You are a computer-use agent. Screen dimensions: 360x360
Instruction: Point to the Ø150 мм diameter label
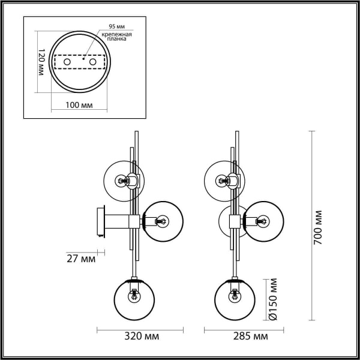click(x=271, y=298)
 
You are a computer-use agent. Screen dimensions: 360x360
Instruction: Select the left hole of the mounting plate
click(x=67, y=62)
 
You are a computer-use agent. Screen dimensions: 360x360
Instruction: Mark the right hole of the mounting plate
click(x=93, y=62)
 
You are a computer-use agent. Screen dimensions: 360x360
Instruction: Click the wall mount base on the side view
click(x=100, y=221)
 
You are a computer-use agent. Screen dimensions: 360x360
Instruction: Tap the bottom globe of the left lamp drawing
click(x=135, y=299)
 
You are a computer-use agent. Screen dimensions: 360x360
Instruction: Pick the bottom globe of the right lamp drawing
click(x=235, y=299)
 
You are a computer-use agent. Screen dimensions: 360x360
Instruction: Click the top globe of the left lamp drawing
click(x=123, y=179)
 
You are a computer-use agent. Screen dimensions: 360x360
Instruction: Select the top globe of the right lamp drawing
click(x=224, y=179)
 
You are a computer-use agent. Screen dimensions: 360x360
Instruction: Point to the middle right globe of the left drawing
click(x=163, y=221)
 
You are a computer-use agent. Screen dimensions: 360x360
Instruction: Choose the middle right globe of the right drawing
click(x=263, y=221)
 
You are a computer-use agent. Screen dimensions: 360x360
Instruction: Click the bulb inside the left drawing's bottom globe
click(x=135, y=295)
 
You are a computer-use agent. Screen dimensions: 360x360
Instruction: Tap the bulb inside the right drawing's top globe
click(x=223, y=179)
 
